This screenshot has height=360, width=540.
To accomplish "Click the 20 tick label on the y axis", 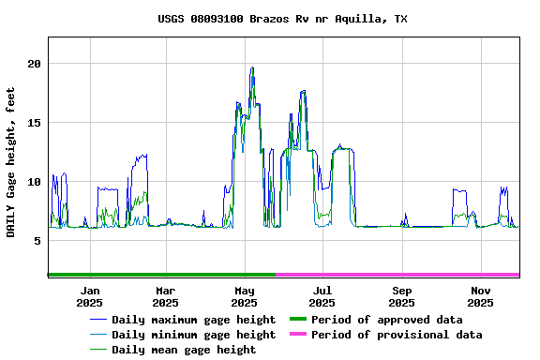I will (x=35, y=64).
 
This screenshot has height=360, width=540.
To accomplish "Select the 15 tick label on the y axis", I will (x=35, y=123).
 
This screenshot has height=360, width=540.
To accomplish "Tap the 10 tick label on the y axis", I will (x=35, y=182).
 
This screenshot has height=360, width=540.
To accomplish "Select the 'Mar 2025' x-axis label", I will (x=165, y=296).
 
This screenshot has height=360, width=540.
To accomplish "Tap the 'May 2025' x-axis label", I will (x=244, y=296).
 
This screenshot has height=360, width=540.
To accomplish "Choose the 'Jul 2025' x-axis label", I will (x=322, y=296).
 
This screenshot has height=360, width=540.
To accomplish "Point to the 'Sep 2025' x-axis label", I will (x=401, y=296).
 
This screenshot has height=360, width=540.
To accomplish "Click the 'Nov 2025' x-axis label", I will (x=480, y=296).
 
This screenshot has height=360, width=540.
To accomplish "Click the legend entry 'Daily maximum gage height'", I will (x=193, y=320).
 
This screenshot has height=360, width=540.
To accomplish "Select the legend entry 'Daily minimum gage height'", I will (x=193, y=335).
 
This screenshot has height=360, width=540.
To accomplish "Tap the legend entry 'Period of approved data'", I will (x=386, y=320).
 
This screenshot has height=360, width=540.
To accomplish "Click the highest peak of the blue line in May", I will (x=252, y=67).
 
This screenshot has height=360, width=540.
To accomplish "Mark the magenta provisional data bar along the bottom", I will (x=397, y=275).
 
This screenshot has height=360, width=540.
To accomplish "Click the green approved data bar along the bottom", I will (x=161, y=275).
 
